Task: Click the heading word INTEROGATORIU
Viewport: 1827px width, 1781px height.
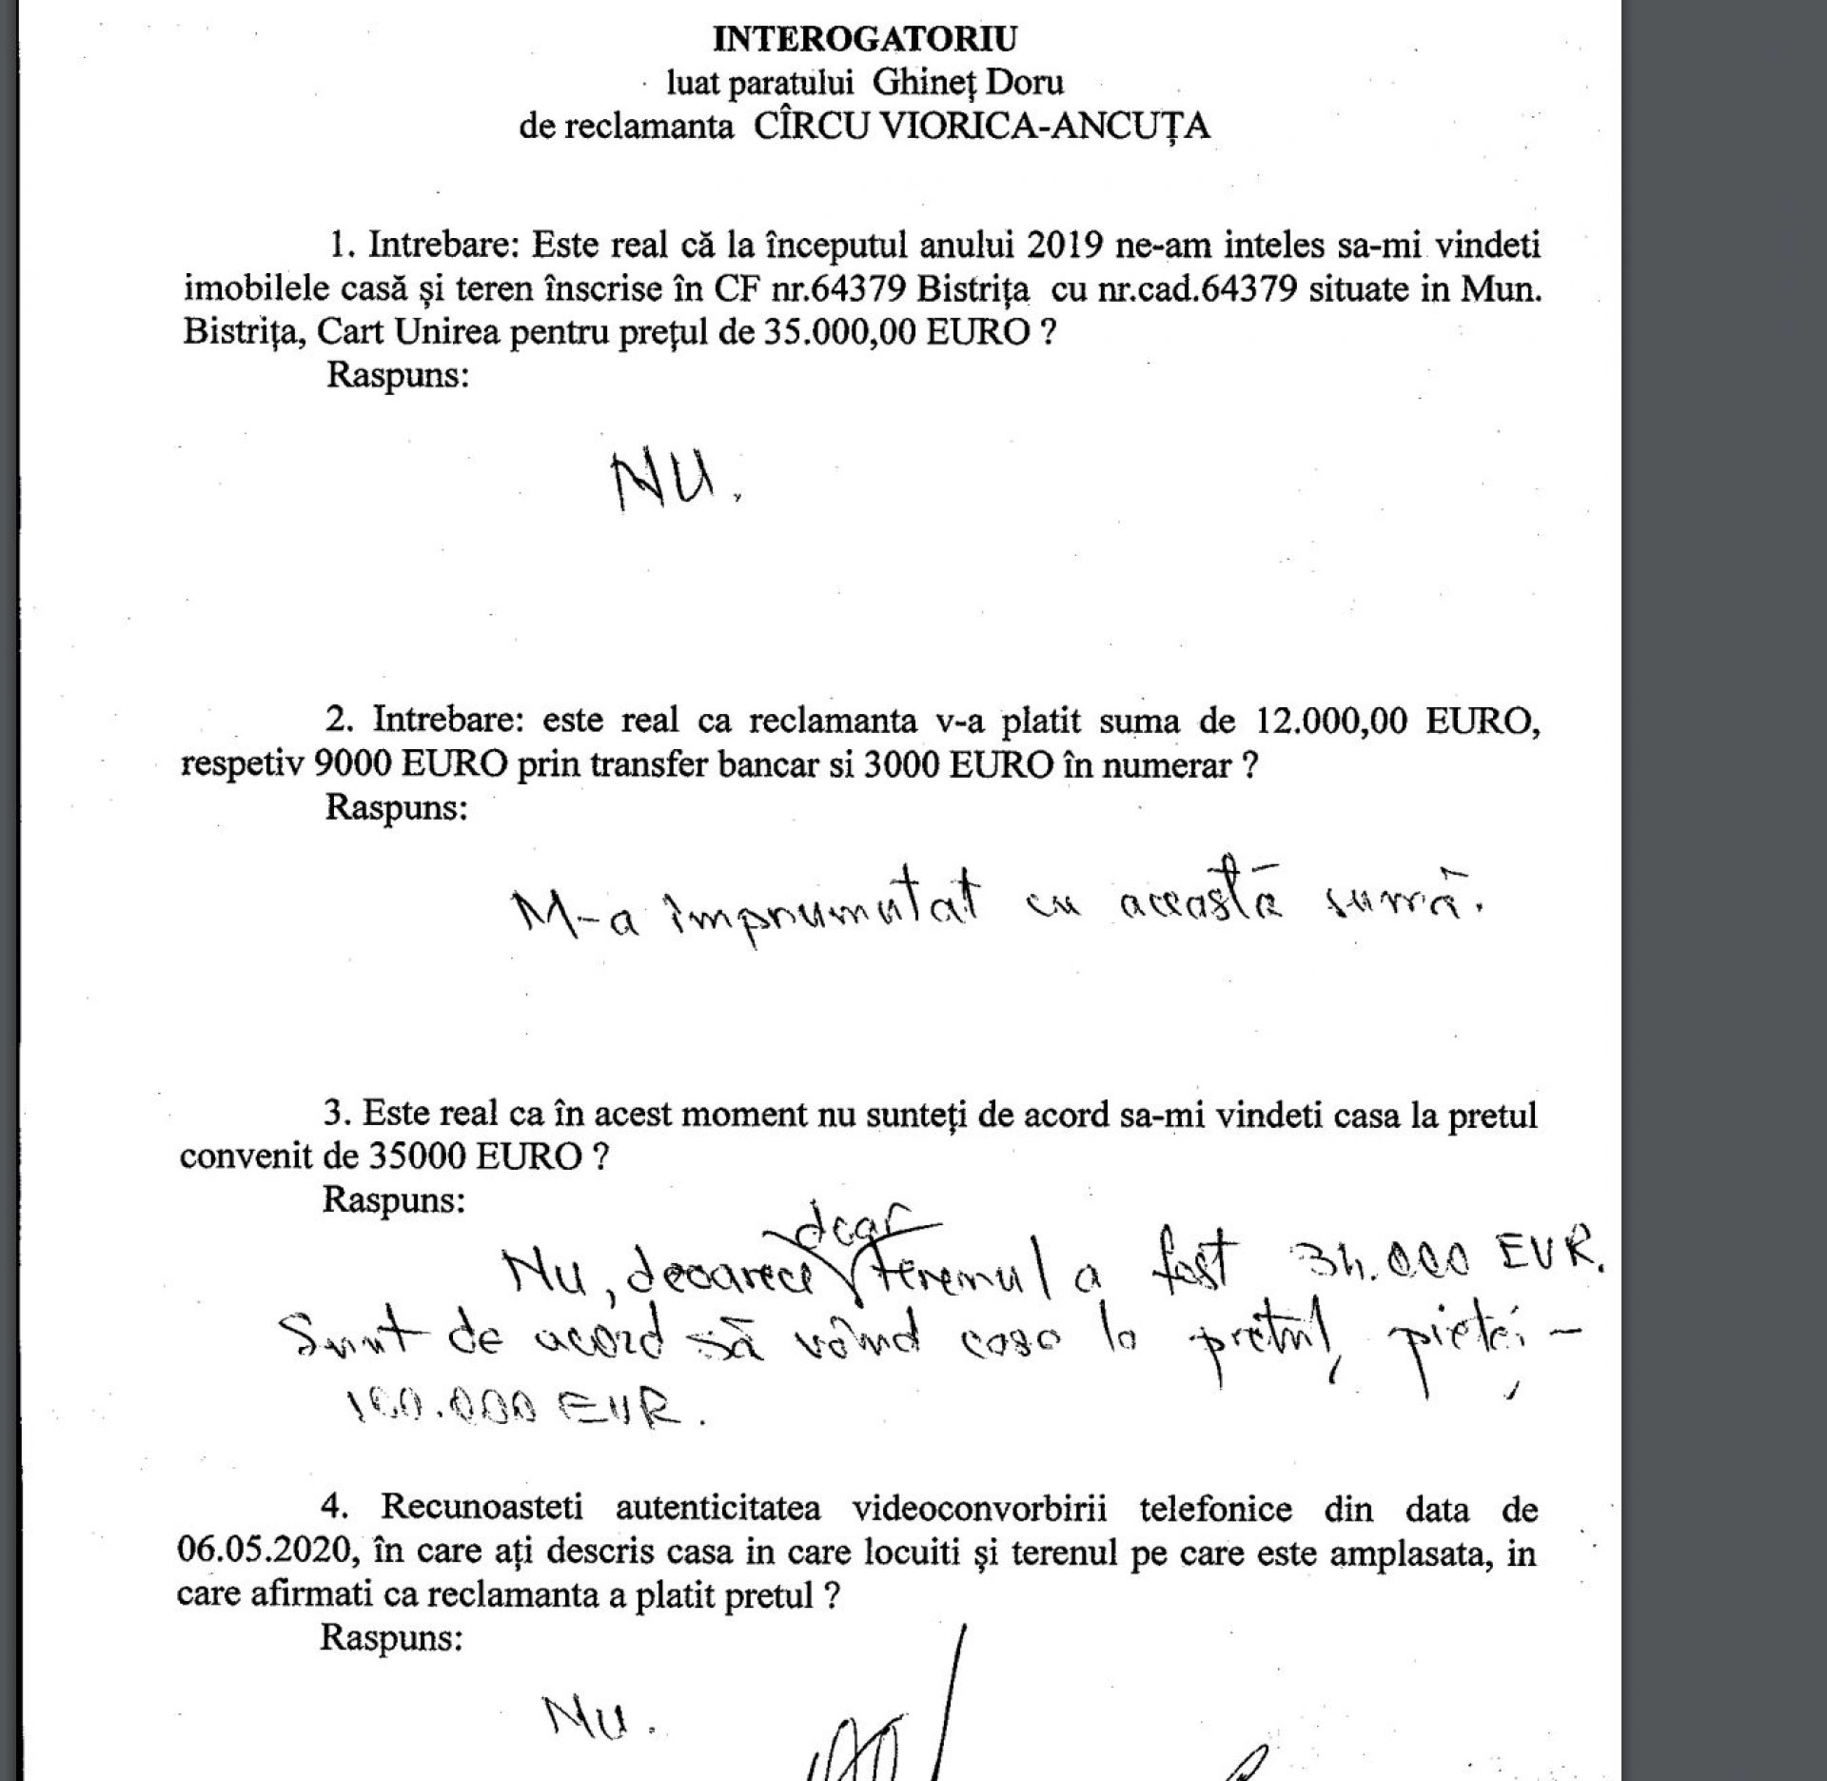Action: point(865,39)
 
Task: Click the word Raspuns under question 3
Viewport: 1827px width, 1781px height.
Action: point(394,1199)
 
